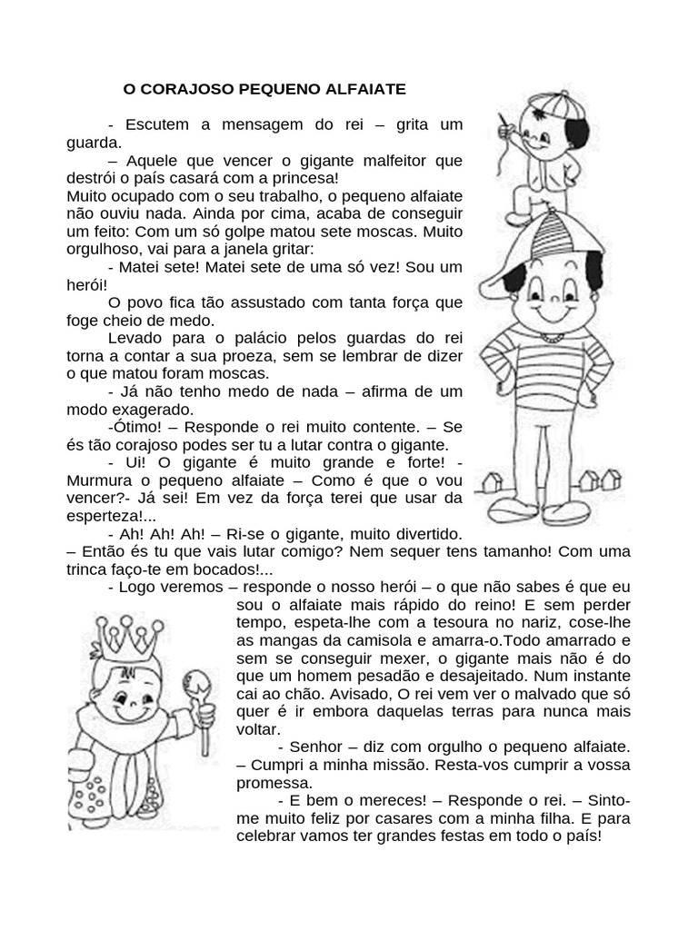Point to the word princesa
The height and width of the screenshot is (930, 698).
pyautogui.click(x=307, y=178)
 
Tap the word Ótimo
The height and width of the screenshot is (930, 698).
pyautogui.click(x=135, y=427)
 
